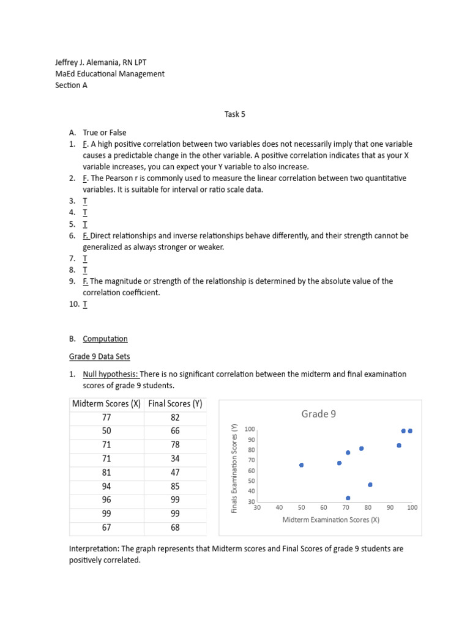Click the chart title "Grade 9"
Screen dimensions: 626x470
318,414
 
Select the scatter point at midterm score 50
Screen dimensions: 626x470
301,465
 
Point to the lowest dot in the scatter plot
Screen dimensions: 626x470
348,498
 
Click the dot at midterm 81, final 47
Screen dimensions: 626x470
370,485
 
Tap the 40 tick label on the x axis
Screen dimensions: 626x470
279,507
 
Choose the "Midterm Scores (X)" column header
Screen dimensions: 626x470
106,403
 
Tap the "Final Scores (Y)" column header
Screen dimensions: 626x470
175,403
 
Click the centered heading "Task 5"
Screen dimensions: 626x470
235,114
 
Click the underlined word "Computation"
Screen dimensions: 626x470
105,339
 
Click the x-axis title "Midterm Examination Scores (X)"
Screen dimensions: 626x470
330,520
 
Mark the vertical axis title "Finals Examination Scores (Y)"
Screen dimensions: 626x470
234,468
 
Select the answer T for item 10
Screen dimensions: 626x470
84,304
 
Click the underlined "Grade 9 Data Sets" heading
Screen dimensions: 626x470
99,356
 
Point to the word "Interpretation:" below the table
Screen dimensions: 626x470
95,549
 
